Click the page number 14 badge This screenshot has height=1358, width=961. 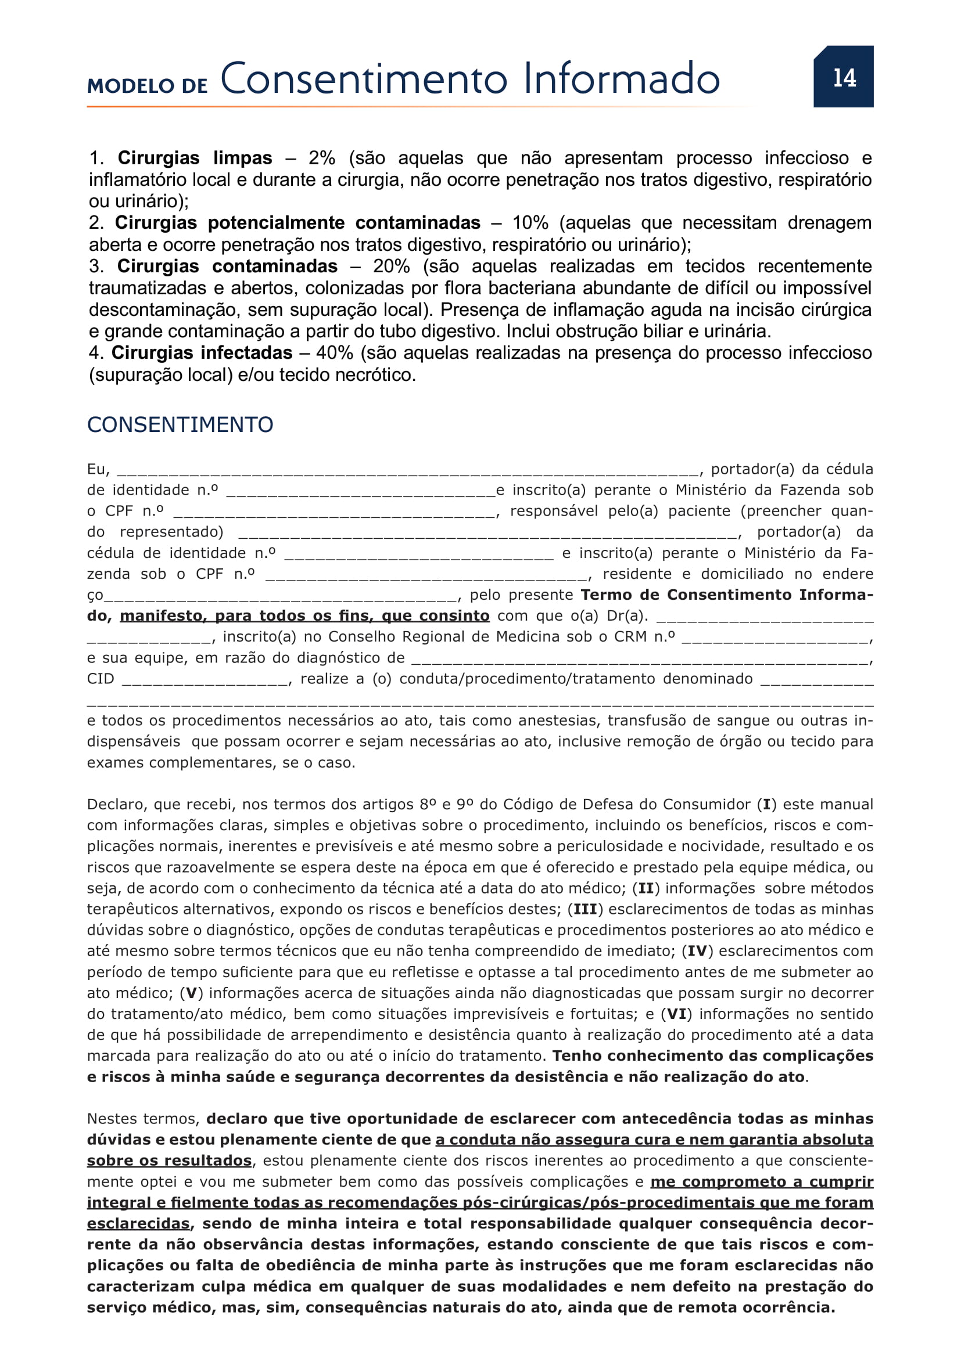tap(843, 77)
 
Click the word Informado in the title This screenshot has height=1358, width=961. tap(621, 78)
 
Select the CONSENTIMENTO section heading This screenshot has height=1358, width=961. tap(180, 424)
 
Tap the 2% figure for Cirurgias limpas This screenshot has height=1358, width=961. tap(321, 158)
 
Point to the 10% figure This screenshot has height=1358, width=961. tap(530, 223)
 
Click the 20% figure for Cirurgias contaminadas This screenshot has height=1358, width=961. tap(390, 266)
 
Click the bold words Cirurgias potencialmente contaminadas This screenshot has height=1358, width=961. tap(297, 223)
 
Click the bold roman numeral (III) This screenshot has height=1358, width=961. tap(585, 909)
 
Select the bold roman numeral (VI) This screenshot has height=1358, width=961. tap(677, 1014)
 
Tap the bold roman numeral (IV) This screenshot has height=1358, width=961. tap(698, 951)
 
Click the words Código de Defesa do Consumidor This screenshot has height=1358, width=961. tap(628, 804)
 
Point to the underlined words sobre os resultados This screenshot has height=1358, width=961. tap(169, 1161)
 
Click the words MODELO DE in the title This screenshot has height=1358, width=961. tap(148, 86)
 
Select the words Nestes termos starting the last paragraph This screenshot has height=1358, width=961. tap(142, 1118)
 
